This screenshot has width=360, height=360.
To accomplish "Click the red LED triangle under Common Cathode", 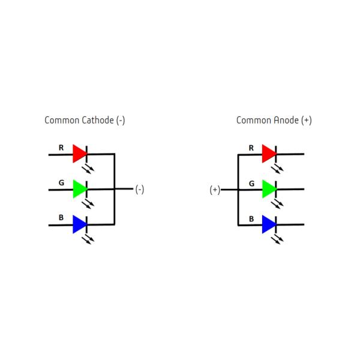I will pyautogui.click(x=79, y=154).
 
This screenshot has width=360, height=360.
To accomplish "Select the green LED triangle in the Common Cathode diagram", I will pyautogui.click(x=79, y=189).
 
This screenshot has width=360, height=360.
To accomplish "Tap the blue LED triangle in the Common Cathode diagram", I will pyautogui.click(x=79, y=224).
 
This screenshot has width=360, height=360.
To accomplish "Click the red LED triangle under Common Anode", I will pyautogui.click(x=268, y=154).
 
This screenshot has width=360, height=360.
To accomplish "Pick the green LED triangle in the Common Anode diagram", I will pyautogui.click(x=268, y=190).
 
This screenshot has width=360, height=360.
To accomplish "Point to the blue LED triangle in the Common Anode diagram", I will pyautogui.click(x=268, y=224).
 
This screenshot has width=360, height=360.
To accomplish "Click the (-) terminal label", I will pyautogui.click(x=139, y=190).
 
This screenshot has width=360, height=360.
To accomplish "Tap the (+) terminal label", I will pyautogui.click(x=215, y=190).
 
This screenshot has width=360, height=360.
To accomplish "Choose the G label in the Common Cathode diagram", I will pyautogui.click(x=61, y=182).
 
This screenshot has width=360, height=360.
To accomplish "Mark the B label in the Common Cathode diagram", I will pyautogui.click(x=61, y=217).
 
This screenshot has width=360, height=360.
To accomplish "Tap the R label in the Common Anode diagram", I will pyautogui.click(x=251, y=147).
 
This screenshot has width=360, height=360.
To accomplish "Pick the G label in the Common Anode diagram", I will pyautogui.click(x=251, y=182).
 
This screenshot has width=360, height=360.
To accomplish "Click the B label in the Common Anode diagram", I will pyautogui.click(x=251, y=218).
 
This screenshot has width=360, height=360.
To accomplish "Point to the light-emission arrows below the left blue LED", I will pyautogui.click(x=89, y=239).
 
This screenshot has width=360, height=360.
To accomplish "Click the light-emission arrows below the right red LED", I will pyautogui.click(x=278, y=169).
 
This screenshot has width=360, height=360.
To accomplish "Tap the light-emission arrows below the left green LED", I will pyautogui.click(x=89, y=203).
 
